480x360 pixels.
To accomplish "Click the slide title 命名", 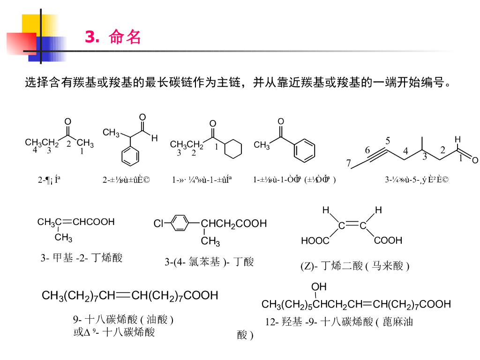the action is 125,37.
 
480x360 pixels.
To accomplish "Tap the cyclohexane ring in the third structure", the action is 232,150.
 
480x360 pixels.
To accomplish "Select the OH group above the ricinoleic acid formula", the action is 319,286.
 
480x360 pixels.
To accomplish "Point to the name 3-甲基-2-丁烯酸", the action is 81,257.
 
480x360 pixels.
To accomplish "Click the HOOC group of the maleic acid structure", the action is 315,240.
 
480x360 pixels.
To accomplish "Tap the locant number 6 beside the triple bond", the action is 367,150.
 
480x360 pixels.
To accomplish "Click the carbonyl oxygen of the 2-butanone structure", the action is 67,121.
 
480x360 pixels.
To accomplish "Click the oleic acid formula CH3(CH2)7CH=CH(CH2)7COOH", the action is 130,295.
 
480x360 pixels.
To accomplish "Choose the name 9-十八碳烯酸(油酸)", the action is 123,320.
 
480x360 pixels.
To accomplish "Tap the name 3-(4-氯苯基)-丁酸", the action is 209,262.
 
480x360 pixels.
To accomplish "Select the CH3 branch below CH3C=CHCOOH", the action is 63,238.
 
